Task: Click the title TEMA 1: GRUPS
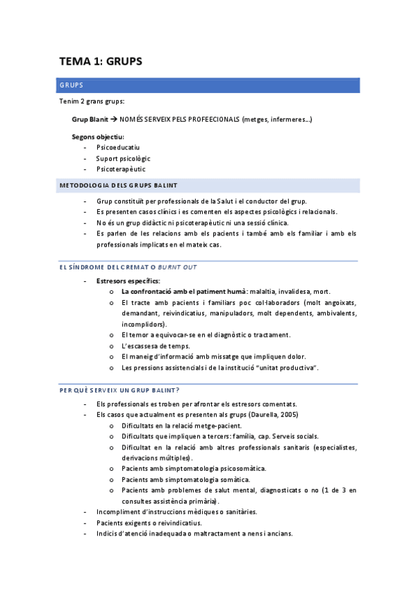click(x=100, y=61)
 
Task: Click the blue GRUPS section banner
click(x=208, y=85)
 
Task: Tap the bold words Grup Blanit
click(x=90, y=119)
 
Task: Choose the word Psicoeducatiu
click(x=118, y=147)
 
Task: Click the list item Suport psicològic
click(x=123, y=158)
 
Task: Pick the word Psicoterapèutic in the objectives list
click(x=121, y=169)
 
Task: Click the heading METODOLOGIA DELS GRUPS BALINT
click(x=119, y=185)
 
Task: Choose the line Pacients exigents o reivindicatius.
click(x=149, y=522)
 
